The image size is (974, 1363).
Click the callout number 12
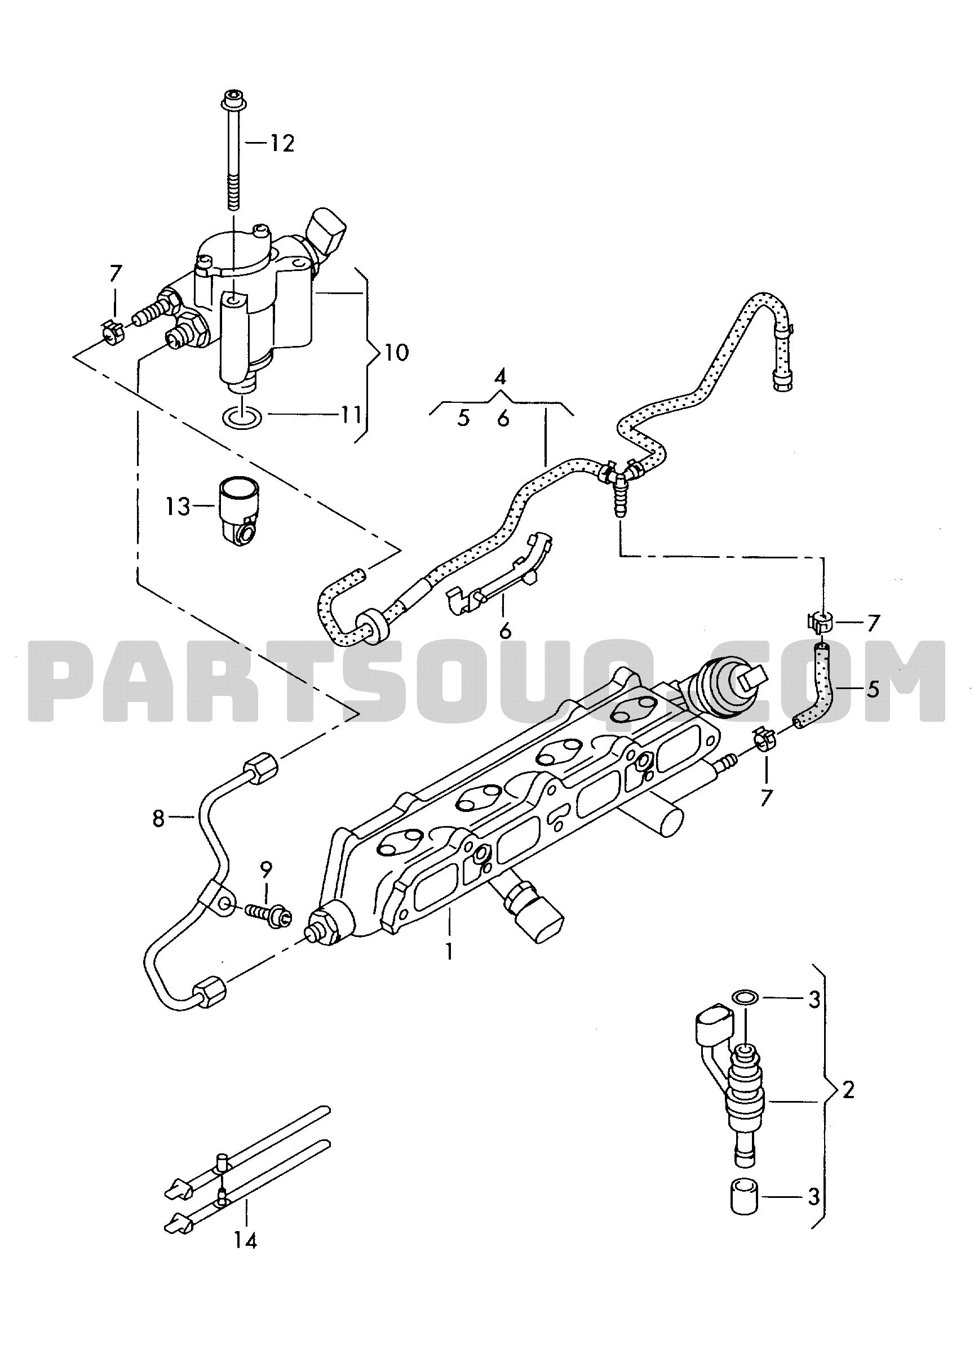click(x=281, y=144)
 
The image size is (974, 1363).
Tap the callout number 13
click(x=178, y=507)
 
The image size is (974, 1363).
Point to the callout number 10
click(x=396, y=352)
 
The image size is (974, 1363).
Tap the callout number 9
click(x=266, y=868)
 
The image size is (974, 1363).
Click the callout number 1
click(x=449, y=951)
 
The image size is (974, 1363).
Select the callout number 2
click(x=848, y=1090)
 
